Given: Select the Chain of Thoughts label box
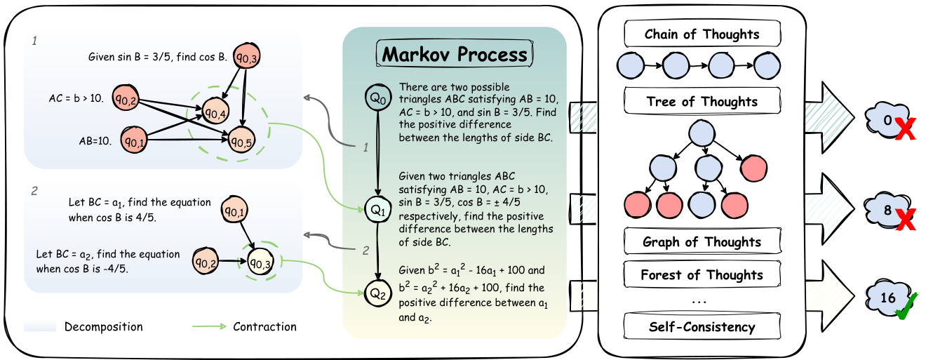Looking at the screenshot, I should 702,34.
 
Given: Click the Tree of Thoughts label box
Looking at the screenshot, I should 702,102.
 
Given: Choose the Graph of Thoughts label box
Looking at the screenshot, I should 702,242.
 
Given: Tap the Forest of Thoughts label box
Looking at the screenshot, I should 702,275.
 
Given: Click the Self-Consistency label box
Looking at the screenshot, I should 702,326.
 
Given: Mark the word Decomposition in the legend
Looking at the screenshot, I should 103,327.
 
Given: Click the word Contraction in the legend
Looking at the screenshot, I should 264,327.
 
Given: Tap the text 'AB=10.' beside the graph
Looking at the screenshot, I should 94,140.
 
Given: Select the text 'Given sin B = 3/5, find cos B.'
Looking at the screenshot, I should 157,56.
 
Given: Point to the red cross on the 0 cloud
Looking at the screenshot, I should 905,128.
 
